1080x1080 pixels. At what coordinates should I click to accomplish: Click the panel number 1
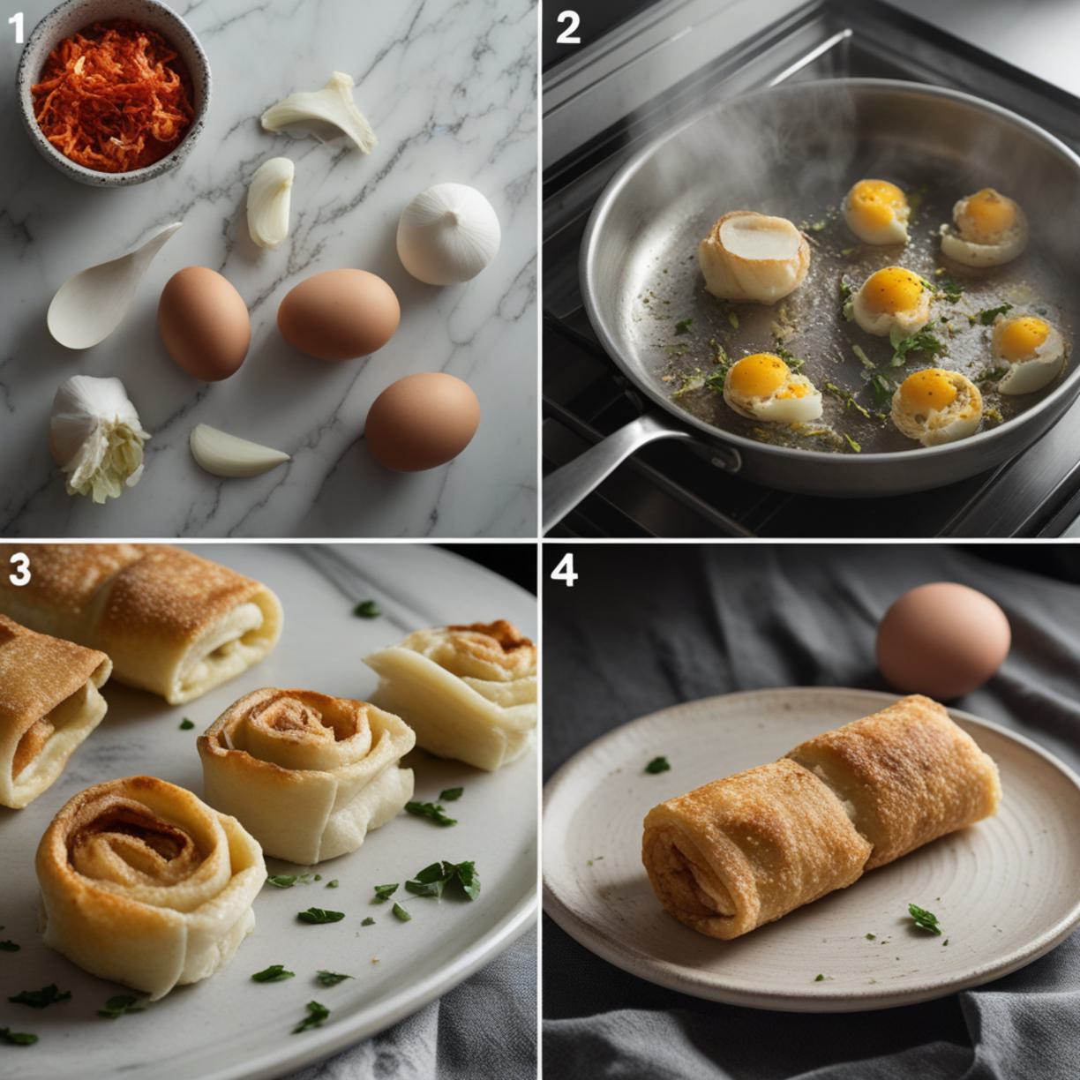[x=17, y=28]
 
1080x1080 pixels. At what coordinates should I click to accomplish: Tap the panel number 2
[x=567, y=28]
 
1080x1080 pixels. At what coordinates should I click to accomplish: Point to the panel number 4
[x=564, y=571]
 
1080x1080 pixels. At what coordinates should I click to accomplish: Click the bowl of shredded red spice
[x=113, y=93]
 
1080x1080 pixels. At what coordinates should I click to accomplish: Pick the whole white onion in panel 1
[x=448, y=234]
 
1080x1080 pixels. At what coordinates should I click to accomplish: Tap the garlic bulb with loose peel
[x=98, y=437]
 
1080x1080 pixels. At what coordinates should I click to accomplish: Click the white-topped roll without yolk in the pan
[x=754, y=258]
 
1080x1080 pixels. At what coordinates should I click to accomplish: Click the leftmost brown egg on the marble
[x=204, y=324]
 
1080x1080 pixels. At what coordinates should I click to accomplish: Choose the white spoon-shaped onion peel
[x=109, y=287]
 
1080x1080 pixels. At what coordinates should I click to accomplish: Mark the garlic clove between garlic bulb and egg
[x=238, y=451]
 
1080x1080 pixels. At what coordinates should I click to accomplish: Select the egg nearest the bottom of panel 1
[x=422, y=422]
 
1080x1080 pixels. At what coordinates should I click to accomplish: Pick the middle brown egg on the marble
[x=339, y=314]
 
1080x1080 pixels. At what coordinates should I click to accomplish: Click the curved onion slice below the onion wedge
[x=271, y=202]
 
